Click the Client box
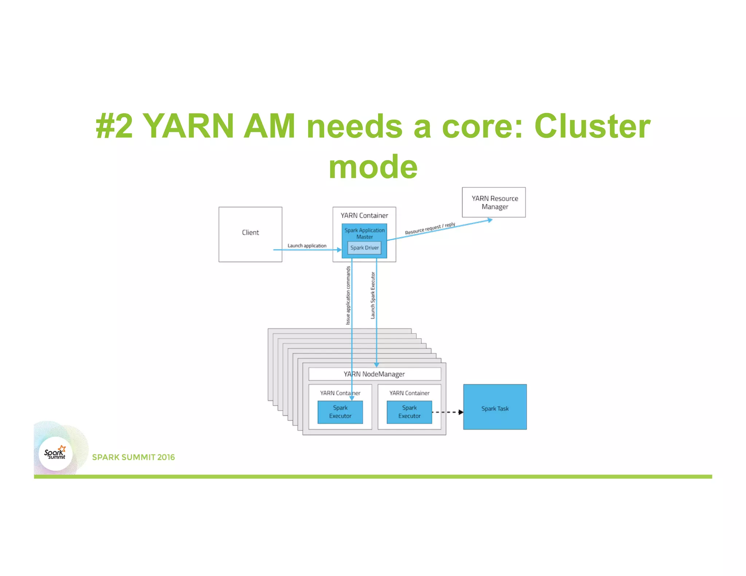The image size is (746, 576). (x=250, y=234)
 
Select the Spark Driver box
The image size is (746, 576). (x=364, y=248)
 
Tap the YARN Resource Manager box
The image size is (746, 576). (x=494, y=202)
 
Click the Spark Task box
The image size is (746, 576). (x=495, y=407)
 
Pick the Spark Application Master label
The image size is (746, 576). (x=364, y=233)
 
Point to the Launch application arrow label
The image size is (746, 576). (x=307, y=246)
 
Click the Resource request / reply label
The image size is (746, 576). (x=430, y=229)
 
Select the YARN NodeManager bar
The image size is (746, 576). (x=374, y=374)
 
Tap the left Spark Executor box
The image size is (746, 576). (x=340, y=412)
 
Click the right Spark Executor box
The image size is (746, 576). (x=409, y=412)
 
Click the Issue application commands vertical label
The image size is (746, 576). (x=348, y=295)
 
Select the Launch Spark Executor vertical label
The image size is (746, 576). (x=373, y=295)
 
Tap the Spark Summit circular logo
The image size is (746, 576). (x=56, y=454)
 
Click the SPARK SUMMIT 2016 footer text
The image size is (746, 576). (x=133, y=457)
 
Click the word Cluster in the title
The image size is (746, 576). (x=592, y=126)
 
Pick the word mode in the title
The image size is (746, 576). (x=373, y=167)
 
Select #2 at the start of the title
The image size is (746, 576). (x=114, y=126)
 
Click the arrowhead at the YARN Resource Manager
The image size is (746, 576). (x=490, y=220)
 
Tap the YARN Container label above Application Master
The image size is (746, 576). (x=364, y=216)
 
